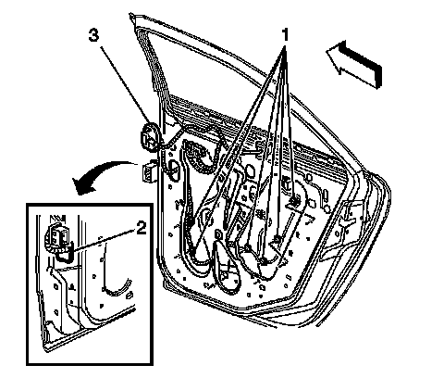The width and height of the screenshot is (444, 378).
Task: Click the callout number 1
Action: pyautogui.click(x=286, y=34)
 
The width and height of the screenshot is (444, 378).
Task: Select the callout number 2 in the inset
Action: pyautogui.click(x=142, y=229)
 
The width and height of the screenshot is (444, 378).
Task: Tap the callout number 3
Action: pyautogui.click(x=93, y=34)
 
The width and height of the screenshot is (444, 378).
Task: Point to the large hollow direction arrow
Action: pyautogui.click(x=354, y=64)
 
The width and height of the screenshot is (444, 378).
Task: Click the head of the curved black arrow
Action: pyautogui.click(x=80, y=186)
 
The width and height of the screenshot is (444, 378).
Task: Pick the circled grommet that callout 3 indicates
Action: pyautogui.click(x=150, y=137)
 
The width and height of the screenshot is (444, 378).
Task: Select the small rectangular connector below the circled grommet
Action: pyautogui.click(x=148, y=171)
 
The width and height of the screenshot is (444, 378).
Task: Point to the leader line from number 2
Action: pyautogui.click(x=104, y=239)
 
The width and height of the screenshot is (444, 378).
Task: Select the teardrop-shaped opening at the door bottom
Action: pyautogui.click(x=226, y=267)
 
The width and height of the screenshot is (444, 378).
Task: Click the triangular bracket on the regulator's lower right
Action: pyautogui.click(x=279, y=251)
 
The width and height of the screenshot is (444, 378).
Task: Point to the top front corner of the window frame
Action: pyautogui.click(x=131, y=15)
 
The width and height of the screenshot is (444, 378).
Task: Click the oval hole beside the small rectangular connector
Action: pyautogui.click(x=174, y=169)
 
